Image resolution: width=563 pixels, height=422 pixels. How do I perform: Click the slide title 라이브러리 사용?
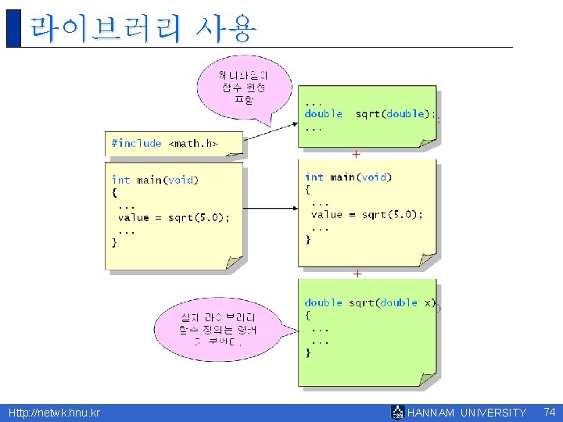point(142,29)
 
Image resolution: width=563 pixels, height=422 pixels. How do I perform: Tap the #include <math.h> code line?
point(164,143)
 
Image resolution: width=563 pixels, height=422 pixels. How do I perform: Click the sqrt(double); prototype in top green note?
point(395,114)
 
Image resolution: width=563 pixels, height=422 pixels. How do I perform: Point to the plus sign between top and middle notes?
point(357,155)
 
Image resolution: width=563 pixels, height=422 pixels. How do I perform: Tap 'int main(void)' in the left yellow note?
point(155,181)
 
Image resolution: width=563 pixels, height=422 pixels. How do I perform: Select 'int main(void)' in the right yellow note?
point(348,177)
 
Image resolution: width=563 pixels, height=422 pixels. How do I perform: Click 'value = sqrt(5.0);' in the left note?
point(174,217)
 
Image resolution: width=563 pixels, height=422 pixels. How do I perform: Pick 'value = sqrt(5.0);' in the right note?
point(367,214)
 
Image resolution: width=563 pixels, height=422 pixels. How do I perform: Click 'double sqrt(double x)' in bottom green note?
point(370,302)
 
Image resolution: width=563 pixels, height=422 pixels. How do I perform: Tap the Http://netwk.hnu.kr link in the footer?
point(54,413)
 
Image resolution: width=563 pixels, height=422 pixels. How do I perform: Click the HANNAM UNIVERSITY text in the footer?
point(467,413)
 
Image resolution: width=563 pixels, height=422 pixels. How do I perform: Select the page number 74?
point(549,412)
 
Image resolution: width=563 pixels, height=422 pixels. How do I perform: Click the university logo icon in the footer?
point(397,413)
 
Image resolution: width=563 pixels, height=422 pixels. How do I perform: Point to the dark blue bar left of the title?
point(13,28)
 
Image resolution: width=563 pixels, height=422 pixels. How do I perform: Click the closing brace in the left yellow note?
point(115,242)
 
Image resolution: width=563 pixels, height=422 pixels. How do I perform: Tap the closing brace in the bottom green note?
point(308,353)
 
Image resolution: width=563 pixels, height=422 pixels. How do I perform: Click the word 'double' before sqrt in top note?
point(323,114)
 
